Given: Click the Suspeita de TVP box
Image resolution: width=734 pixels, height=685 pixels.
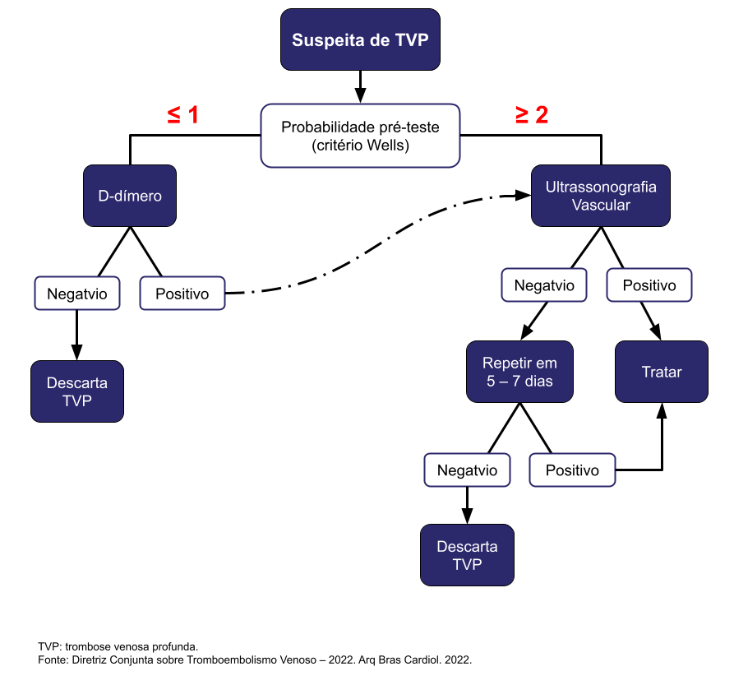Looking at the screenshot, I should (x=360, y=39).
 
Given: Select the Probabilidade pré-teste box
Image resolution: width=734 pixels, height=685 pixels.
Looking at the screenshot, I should (x=360, y=137).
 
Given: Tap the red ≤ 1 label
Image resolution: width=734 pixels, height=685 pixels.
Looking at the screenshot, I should (x=183, y=115).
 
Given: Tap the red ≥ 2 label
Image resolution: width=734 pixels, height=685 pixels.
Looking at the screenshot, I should (x=532, y=115).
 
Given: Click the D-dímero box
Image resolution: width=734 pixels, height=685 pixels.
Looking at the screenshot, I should (x=130, y=196).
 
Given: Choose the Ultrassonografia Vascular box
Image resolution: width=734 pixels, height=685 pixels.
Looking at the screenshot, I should (x=601, y=196).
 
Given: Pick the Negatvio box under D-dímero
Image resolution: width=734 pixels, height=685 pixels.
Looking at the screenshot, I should (x=77, y=293).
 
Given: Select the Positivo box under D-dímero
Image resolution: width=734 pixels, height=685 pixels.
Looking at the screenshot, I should (x=182, y=293).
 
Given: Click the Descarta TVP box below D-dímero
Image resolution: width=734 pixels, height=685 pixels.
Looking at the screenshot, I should (x=77, y=391).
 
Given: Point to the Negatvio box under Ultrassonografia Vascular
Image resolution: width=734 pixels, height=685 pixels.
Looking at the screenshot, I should (x=544, y=285).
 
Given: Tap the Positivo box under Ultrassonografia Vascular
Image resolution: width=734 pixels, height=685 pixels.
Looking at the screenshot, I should (x=649, y=285).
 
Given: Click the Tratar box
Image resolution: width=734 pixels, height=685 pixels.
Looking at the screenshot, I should (x=662, y=372).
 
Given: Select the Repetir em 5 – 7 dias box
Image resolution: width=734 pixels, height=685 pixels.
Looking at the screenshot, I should (x=519, y=372).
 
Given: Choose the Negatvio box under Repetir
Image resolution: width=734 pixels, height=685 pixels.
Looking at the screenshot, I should (x=467, y=470).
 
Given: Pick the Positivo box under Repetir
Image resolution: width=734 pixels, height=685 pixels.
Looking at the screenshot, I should (x=572, y=470).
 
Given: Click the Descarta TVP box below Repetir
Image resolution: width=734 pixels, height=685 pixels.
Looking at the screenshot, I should (x=467, y=555).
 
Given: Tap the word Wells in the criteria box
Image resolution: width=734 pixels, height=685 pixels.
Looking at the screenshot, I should (x=390, y=146).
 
